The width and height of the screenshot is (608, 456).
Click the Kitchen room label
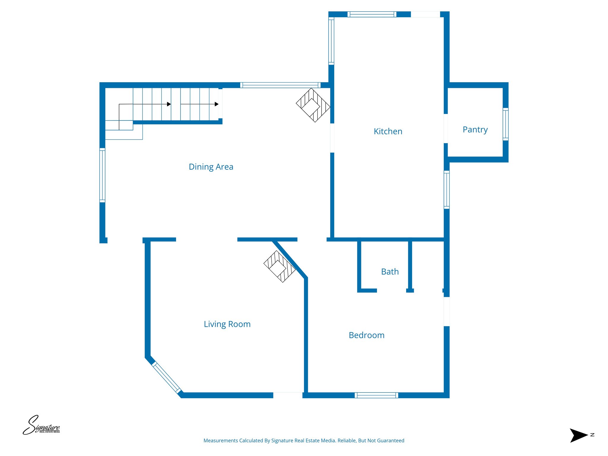(x=388, y=131)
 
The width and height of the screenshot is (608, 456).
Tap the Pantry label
(x=475, y=129)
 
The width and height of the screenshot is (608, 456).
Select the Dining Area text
(x=211, y=167)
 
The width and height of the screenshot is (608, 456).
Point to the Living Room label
(x=227, y=324)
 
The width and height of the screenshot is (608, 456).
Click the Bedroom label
(x=366, y=335)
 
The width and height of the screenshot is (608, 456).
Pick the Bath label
(x=389, y=272)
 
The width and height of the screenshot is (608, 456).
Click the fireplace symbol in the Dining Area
(x=313, y=105)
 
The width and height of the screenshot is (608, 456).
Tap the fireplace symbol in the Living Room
(x=279, y=267)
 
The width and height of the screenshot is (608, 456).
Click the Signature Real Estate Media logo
(x=41, y=425)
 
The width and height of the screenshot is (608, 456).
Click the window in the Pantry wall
(x=505, y=124)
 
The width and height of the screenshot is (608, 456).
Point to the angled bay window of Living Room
(x=167, y=378)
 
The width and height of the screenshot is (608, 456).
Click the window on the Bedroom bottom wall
(x=376, y=395)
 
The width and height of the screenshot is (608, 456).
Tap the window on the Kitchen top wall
(x=372, y=14)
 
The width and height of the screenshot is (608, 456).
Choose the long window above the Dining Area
(x=280, y=85)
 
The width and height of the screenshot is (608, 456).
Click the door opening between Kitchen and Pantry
(x=446, y=129)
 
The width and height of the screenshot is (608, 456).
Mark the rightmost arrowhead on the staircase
(x=217, y=104)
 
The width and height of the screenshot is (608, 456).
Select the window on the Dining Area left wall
(x=102, y=175)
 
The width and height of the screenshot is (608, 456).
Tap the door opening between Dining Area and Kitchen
(x=332, y=138)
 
